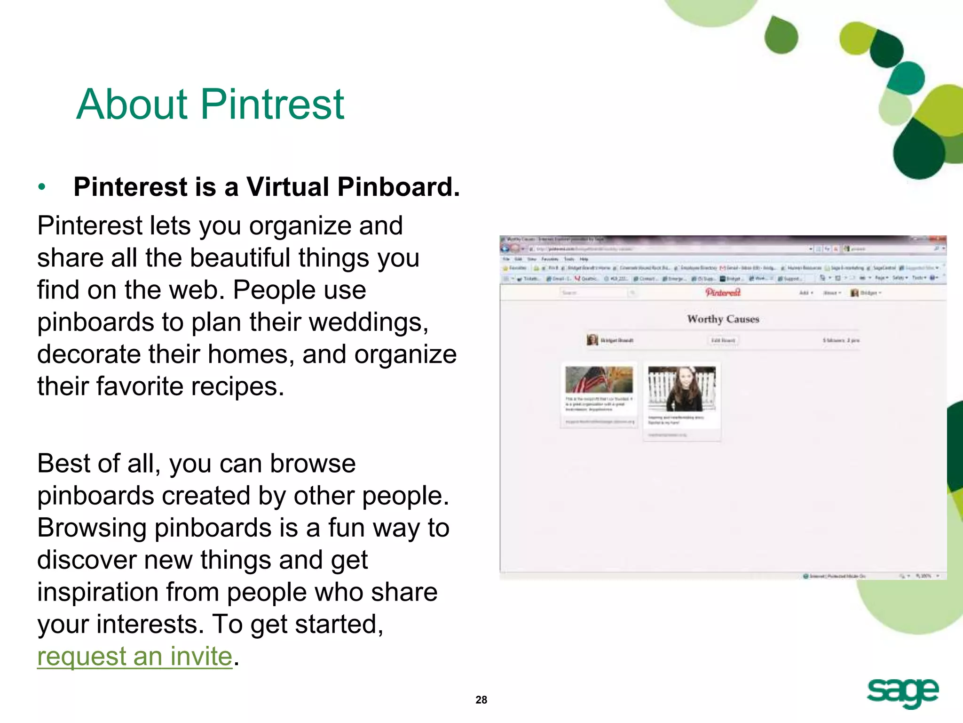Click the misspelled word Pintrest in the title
(273, 104)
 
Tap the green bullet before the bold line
(42, 187)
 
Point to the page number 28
(481, 700)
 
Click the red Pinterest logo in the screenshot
(723, 292)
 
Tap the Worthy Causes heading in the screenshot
(723, 319)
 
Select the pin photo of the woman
(682, 388)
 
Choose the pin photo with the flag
(599, 379)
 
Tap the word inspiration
(97, 592)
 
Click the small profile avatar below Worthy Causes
(592, 339)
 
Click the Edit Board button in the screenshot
(723, 340)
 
